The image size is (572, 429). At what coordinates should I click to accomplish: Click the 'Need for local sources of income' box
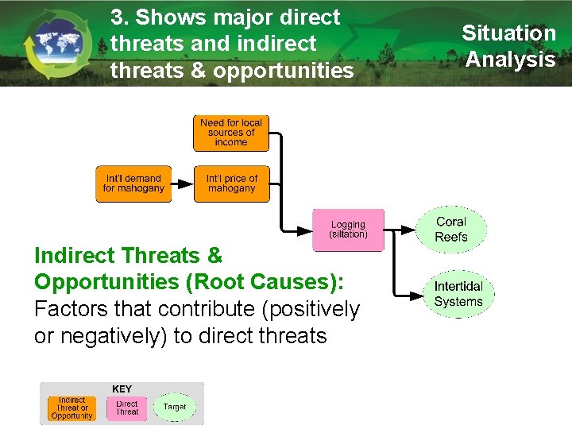[231, 133]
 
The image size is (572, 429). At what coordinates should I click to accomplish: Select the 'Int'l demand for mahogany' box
[133, 184]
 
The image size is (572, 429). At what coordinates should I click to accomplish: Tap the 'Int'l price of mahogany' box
[231, 184]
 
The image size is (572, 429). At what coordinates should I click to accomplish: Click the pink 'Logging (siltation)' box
[348, 230]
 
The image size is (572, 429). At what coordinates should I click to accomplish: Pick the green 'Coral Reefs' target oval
[450, 230]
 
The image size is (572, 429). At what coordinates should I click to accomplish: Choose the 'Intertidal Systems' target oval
[458, 293]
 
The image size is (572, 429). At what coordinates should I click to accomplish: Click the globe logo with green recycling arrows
[56, 44]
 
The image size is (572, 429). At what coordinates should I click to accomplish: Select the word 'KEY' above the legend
[122, 388]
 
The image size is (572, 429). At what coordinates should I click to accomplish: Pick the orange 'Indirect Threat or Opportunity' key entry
[71, 408]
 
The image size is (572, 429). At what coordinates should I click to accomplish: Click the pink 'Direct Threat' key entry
[127, 408]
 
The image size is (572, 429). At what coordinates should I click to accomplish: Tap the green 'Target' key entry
[174, 407]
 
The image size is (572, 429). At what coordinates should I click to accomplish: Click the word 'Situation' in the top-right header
[508, 33]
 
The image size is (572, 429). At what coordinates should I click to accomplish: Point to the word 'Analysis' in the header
[510, 60]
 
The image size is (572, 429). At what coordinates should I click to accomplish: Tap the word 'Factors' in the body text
[71, 309]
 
